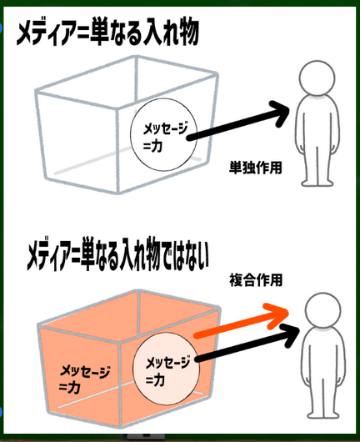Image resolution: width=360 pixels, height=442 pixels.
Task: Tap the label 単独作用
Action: [x=256, y=168]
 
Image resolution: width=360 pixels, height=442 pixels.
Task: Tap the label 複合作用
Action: [x=256, y=280]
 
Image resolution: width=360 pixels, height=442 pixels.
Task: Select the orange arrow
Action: [x=242, y=321]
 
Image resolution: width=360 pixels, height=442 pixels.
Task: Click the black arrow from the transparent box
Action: [x=239, y=121]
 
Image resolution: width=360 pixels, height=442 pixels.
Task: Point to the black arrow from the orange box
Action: [x=247, y=344]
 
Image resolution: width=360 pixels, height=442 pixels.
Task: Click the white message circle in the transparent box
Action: [x=163, y=135]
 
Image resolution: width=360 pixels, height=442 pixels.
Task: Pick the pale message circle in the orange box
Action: [x=166, y=369]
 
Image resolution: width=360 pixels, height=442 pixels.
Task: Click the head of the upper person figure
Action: [x=317, y=78]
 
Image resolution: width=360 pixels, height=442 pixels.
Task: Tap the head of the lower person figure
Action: [x=322, y=310]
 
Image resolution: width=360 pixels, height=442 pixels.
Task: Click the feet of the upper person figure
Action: [x=317, y=183]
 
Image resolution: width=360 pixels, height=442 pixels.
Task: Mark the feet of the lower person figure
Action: [x=323, y=415]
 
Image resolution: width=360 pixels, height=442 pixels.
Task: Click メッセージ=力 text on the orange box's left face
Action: [x=84, y=379]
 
